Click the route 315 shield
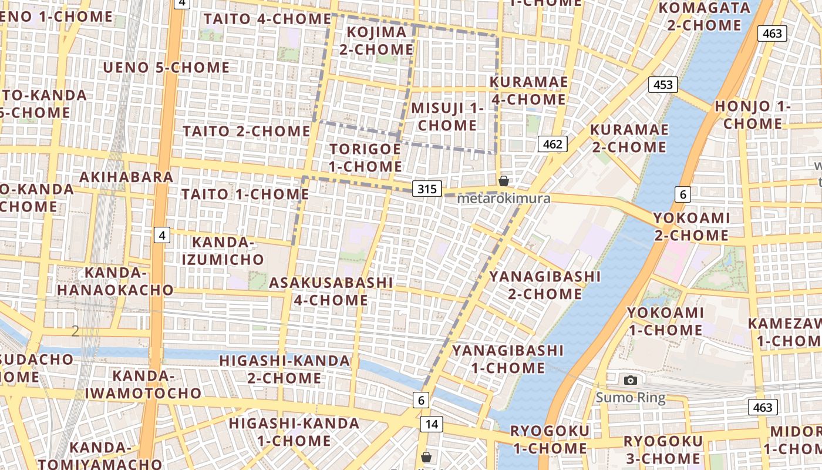coord(427,189)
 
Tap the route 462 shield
coord(553,144)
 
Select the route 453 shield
coord(663,85)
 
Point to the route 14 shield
coord(432,424)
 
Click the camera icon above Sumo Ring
coord(631,380)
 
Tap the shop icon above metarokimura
coord(503,181)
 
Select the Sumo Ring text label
coord(631,398)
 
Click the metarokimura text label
coord(504,198)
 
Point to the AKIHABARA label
coord(126,177)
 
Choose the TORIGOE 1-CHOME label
coord(365,157)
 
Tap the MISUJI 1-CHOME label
coord(447,116)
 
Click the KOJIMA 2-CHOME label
coord(376,41)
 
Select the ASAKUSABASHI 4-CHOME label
coord(331,291)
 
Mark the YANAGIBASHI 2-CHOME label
coord(545,285)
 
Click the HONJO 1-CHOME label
coord(753,115)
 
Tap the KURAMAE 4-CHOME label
coord(528,90)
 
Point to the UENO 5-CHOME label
coord(166,68)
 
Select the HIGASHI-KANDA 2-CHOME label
coord(285,369)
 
